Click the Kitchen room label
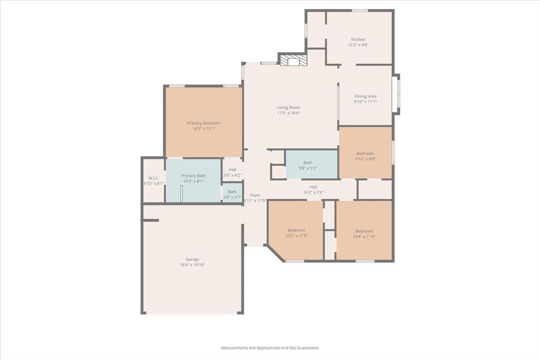[x=358, y=40]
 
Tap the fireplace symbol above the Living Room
[x=293, y=61]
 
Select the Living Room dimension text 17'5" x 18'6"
[x=288, y=113]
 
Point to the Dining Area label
[x=365, y=96]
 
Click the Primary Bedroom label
[x=204, y=123]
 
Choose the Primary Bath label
[x=193, y=176]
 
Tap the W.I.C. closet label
[x=153, y=178]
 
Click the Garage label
[x=192, y=259]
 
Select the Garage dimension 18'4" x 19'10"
[x=192, y=265]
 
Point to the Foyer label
[x=255, y=195]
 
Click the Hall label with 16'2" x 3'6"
[x=313, y=187]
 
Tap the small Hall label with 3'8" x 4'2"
[x=232, y=169]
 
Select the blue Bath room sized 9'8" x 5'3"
[x=311, y=165]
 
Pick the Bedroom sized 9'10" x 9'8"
[x=365, y=156]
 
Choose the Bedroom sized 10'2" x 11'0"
[x=296, y=233]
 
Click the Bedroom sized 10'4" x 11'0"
[x=364, y=233]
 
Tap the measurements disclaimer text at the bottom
[x=270, y=348]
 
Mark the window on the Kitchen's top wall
[x=360, y=11]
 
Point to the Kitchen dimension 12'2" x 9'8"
[x=358, y=45]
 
